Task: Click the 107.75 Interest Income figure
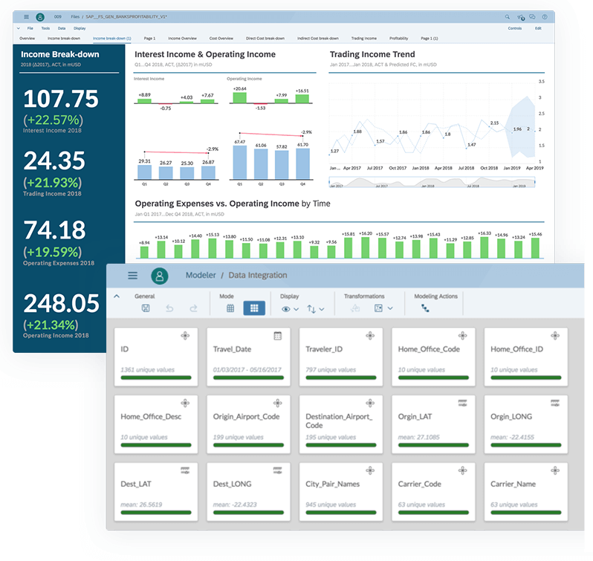point(61,100)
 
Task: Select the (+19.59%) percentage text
point(53,251)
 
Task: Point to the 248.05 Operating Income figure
point(61,303)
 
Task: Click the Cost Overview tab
point(221,37)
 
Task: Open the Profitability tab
point(398,37)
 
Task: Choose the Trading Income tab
point(363,37)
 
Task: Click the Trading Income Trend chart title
point(372,54)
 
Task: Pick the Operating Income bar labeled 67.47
point(239,163)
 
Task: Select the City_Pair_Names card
point(340,490)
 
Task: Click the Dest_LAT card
point(155,490)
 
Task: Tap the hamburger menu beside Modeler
point(132,276)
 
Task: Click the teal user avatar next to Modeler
point(159,276)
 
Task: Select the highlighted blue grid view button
point(253,308)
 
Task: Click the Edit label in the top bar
point(538,28)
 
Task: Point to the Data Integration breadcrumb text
point(257,276)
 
